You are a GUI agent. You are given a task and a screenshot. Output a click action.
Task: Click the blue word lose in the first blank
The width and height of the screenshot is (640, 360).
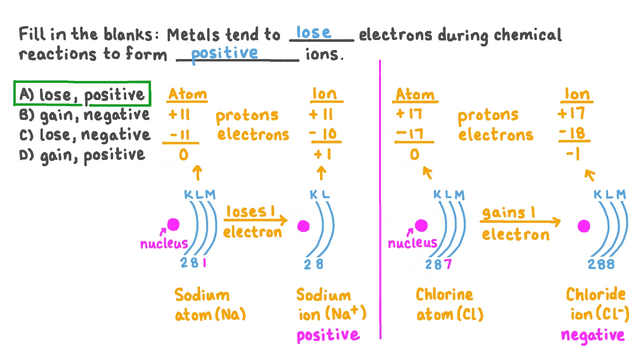pos(313,32)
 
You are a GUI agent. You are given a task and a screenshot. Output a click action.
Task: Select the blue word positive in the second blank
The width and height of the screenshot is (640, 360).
pos(224,53)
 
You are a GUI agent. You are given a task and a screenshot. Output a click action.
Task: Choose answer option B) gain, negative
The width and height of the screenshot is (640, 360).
pos(84,115)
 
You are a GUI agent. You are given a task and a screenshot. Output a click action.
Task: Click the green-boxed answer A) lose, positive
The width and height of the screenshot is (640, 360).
pos(82,94)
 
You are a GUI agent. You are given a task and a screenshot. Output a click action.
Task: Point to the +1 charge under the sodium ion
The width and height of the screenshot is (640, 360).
pos(322,154)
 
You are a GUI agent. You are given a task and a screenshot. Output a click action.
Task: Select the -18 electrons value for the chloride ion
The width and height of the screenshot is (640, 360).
pos(574,133)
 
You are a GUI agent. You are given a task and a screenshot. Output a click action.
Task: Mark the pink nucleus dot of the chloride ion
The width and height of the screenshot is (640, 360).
pos(584,226)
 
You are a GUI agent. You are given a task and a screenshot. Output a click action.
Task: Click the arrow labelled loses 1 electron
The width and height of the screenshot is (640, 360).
pos(256,220)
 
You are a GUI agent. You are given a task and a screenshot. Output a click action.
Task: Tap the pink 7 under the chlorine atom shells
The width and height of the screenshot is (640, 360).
pos(448,264)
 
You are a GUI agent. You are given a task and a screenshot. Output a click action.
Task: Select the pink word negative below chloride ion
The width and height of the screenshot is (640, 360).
pos(592,335)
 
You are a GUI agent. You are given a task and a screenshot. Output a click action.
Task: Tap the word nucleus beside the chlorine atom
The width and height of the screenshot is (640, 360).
pos(412,243)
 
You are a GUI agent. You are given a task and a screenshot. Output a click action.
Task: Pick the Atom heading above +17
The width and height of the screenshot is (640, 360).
pos(415,95)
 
